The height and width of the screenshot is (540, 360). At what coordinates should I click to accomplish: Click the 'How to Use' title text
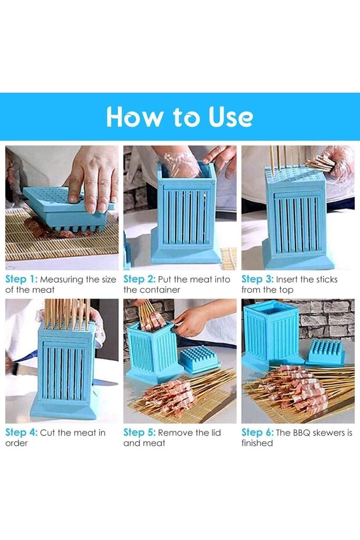tap(179, 117)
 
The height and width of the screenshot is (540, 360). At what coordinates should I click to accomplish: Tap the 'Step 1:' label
tap(21, 279)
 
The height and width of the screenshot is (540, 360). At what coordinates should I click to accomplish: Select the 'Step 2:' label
tap(139, 279)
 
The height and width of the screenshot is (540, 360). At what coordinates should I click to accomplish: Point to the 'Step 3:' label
tap(257, 279)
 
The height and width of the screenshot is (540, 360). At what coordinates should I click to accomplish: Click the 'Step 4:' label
tap(21, 433)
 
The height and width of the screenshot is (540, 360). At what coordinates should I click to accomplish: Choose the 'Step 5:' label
tap(139, 433)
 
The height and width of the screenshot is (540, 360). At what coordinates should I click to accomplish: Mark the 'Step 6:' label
tap(257, 433)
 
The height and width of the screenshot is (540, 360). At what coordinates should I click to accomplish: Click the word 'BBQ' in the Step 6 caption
tap(301, 433)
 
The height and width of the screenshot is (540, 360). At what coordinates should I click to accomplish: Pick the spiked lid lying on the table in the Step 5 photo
tap(200, 359)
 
